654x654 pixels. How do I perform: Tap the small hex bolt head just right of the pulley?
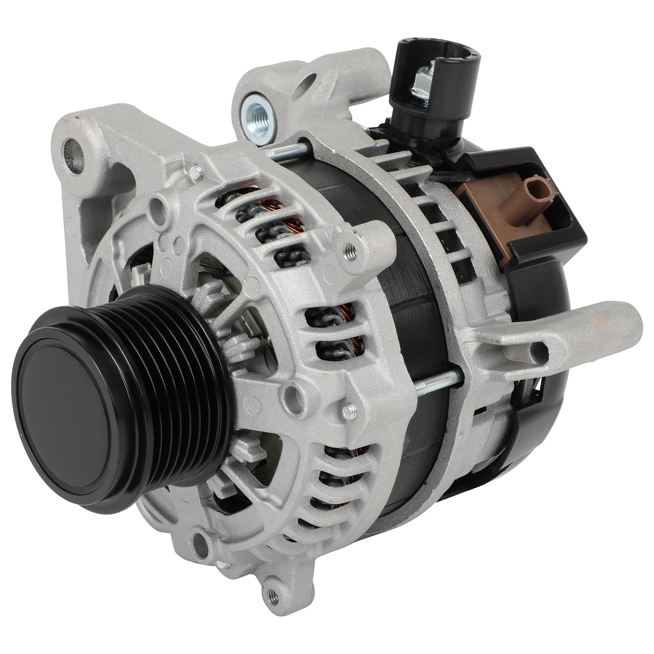click(x=348, y=410)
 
